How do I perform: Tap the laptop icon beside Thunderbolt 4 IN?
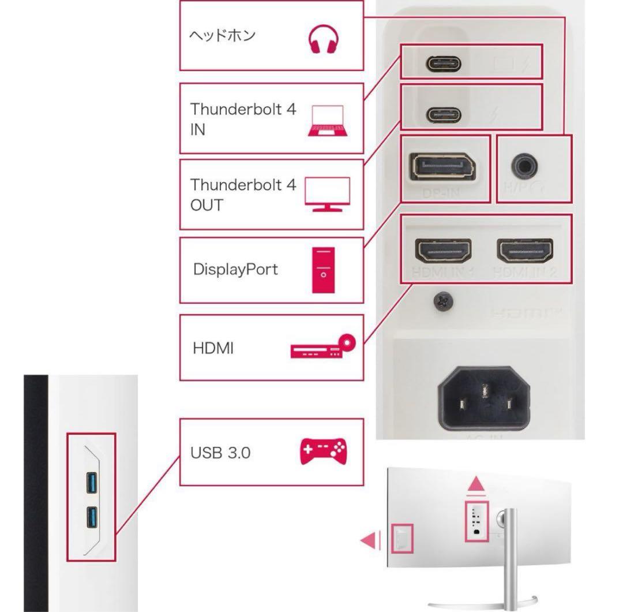(x=326, y=121)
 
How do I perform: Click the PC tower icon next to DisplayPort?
(x=322, y=270)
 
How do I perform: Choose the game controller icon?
(x=322, y=452)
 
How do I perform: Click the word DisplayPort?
(x=235, y=270)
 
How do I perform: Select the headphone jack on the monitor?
(x=525, y=167)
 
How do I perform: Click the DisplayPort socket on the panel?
(x=442, y=167)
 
